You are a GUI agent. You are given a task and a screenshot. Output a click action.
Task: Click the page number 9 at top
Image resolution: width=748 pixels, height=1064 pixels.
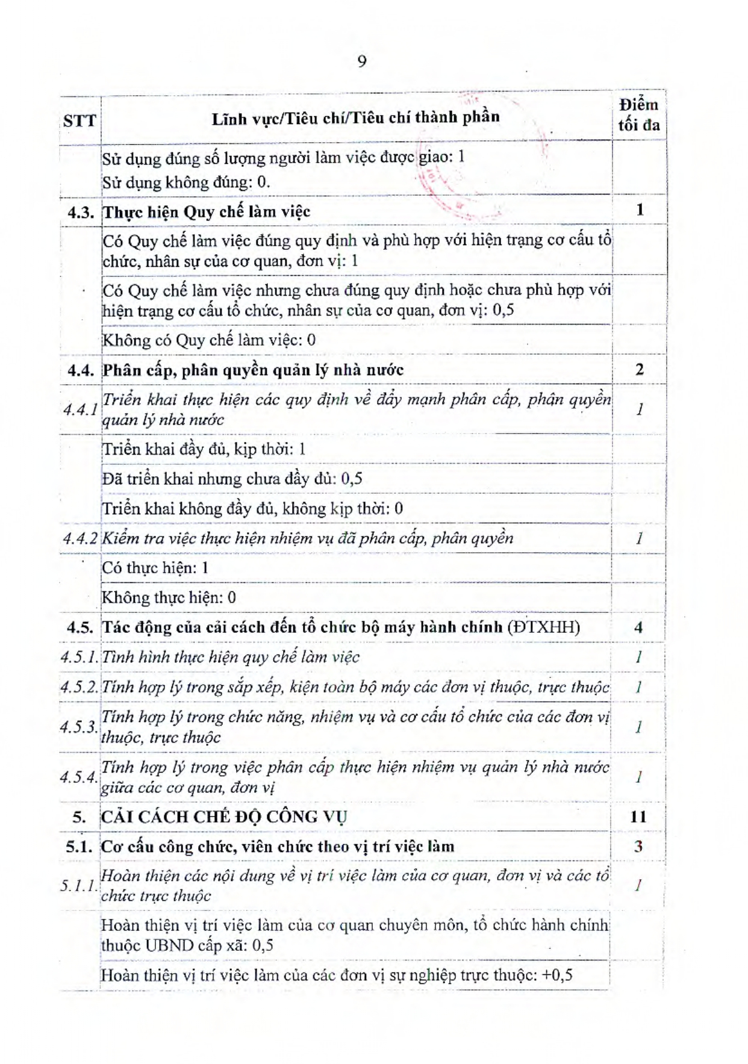pos(361,61)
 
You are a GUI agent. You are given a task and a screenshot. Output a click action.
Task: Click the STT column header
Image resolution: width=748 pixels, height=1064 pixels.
pos(79,121)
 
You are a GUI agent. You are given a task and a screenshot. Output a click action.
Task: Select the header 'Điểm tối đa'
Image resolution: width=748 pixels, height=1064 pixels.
pos(638,115)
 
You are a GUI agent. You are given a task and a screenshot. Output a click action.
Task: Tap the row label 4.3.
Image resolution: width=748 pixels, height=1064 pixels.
pos(81,212)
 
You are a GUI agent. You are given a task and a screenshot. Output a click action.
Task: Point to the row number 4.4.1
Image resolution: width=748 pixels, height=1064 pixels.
pos(81,409)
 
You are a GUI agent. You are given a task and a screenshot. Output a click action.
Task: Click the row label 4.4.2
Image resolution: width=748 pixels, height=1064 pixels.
pos(80,538)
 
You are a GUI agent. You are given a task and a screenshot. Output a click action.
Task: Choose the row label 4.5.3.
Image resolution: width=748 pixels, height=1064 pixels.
pos(79,727)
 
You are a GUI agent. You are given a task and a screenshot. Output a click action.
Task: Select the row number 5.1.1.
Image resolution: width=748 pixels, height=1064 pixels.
pos(79,886)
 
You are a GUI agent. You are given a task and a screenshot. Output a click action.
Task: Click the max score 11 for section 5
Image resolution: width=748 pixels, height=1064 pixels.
pos(638,817)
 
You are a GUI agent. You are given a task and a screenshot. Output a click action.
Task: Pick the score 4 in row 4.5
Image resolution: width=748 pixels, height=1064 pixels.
pos(638,627)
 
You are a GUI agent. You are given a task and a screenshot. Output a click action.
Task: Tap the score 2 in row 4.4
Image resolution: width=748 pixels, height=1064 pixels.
pos(639,370)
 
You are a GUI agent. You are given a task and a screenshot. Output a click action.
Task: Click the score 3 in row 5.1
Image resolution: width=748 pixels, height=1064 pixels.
pos(638,847)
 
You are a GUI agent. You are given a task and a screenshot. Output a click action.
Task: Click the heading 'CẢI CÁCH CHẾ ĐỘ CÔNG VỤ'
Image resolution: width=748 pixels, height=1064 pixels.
pos(224,817)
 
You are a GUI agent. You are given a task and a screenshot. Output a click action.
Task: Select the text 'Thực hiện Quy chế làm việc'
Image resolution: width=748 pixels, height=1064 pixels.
pos(207,212)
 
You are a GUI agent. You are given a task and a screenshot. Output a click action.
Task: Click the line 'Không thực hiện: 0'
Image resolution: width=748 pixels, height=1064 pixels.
pos(169,598)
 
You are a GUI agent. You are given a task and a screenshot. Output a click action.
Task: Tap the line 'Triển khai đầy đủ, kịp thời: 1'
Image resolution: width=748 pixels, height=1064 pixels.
pos(204,449)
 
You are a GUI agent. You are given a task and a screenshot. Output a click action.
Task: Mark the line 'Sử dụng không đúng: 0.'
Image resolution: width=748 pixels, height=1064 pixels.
pos(186,182)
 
